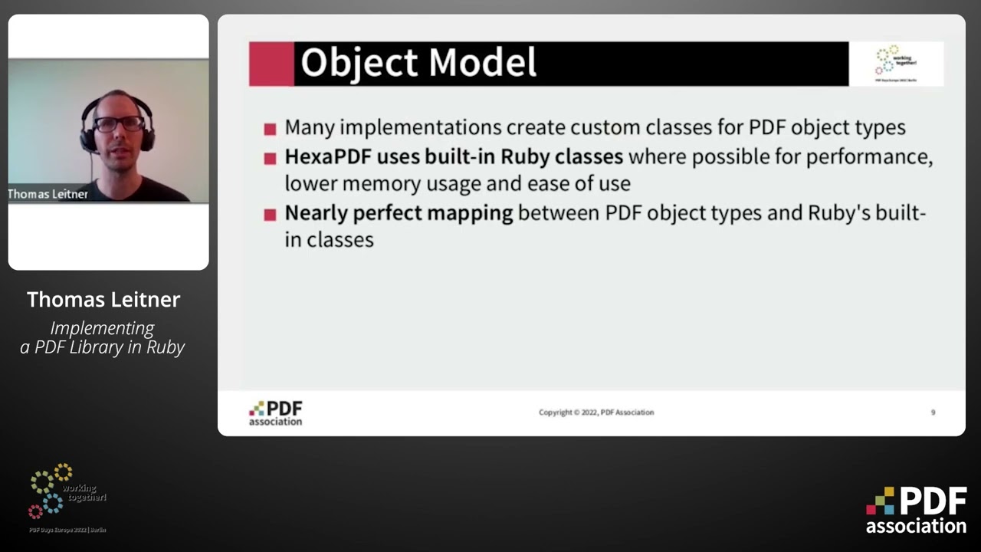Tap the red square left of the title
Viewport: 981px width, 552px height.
271,64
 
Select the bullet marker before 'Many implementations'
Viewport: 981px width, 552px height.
270,130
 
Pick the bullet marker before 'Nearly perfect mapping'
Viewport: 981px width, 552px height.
270,215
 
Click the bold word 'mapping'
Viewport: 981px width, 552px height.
469,213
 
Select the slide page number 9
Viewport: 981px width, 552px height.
933,412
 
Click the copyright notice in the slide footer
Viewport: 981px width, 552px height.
596,412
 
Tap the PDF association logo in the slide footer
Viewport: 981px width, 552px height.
276,412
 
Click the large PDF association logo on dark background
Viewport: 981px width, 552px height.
917,510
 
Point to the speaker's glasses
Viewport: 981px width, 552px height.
119,123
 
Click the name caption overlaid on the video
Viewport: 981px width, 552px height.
48,194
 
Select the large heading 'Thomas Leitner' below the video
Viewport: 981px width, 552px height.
103,300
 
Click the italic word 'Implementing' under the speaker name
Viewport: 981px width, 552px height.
103,328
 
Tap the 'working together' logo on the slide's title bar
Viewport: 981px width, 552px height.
896,63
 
